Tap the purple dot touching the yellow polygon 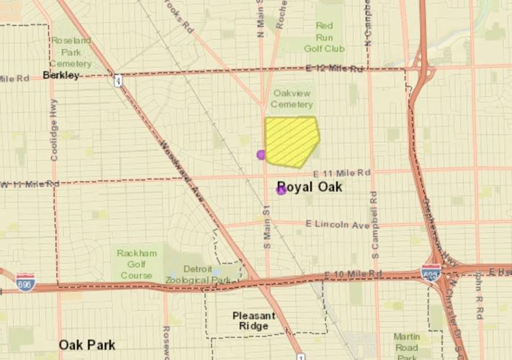tap(261, 154)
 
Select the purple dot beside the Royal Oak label tap(281, 190)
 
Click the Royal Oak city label tap(310, 187)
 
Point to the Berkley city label tap(60, 75)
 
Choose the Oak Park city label tap(87, 345)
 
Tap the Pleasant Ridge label tap(251, 320)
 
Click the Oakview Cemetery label tap(292, 98)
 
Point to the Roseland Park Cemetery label tap(71, 52)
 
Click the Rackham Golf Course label tap(135, 264)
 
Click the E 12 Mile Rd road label tap(334, 68)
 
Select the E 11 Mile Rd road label tap(342, 173)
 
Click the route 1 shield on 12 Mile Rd tap(117, 80)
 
